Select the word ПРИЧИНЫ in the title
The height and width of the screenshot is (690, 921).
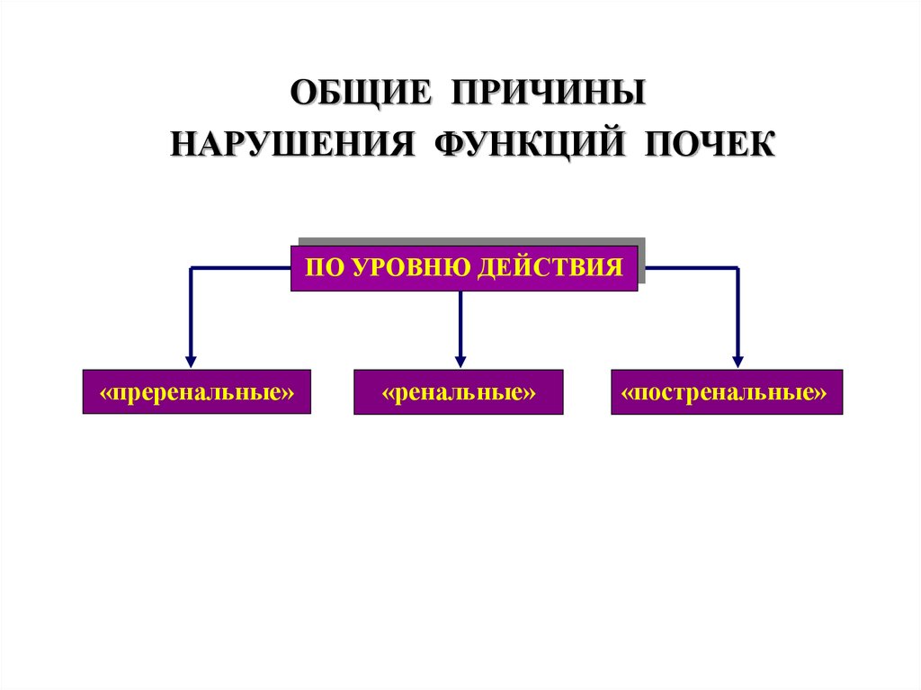pyautogui.click(x=548, y=94)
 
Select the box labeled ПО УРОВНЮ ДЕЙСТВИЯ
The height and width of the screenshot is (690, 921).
pyautogui.click(x=463, y=267)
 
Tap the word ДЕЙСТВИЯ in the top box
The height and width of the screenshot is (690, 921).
pyautogui.click(x=551, y=267)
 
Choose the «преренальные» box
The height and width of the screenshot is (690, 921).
pyautogui.click(x=196, y=391)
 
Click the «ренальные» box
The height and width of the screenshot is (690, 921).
pyautogui.click(x=458, y=392)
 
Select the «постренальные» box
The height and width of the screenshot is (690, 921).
pyautogui.click(x=726, y=391)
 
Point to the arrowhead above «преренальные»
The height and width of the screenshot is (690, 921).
pyautogui.click(x=191, y=360)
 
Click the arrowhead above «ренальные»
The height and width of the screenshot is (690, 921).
pyautogui.click(x=460, y=360)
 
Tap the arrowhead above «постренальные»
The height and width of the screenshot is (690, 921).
pyautogui.click(x=738, y=360)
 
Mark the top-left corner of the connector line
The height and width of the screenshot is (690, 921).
pyautogui.click(x=191, y=267)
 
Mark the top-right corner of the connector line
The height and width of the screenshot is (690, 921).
pyautogui.click(x=738, y=267)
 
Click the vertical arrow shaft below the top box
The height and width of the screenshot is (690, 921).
pyautogui.click(x=460, y=319)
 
